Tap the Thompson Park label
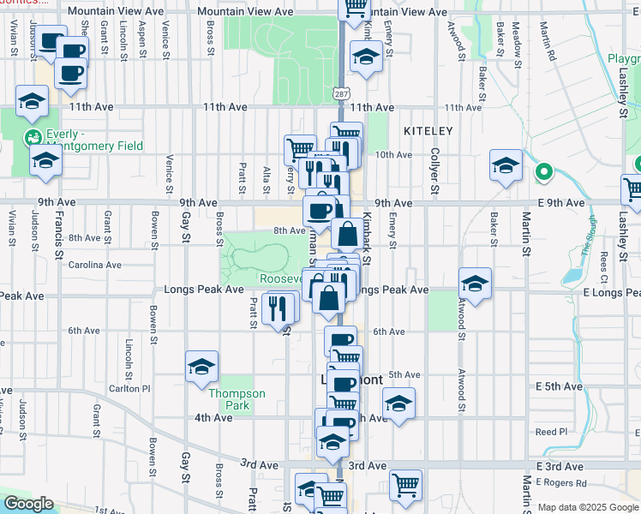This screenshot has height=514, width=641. pos(237,399)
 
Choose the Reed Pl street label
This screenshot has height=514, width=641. pos(551,432)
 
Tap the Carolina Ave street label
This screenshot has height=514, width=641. pos(95,265)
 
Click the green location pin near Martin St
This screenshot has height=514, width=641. pos(542,173)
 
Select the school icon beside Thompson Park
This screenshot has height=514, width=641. pos(201,367)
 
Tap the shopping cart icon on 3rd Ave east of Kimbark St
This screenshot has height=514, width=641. pos(405,484)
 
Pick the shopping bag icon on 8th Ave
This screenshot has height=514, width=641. pos(348,234)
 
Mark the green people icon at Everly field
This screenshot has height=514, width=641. pos(33,136)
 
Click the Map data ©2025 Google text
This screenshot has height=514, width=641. pos(588,507)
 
